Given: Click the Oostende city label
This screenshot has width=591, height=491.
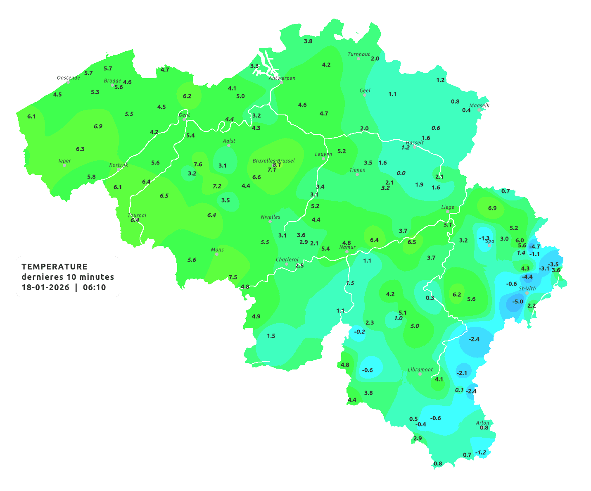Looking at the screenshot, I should pos(69,78).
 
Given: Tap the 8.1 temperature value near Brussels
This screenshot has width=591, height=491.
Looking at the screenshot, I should pos(277,164).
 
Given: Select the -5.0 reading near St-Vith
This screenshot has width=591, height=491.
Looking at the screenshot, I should pos(517,302).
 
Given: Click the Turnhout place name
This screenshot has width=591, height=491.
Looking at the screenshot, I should pos(359,54).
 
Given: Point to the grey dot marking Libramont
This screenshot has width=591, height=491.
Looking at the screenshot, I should pos(420,374).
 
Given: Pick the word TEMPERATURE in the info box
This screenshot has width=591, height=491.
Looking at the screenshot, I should pos(55,267).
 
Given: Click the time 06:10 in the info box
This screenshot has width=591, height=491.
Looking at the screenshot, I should pos(94,288).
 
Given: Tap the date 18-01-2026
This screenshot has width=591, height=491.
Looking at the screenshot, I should pos(45,288).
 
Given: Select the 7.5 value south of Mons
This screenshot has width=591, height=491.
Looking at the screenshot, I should pos(233,277).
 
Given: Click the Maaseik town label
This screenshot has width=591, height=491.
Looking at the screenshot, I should pos(479,105).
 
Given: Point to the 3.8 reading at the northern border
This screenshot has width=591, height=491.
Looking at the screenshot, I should pos(308,41).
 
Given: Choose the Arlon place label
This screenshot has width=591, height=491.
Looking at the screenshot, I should pos(482,423).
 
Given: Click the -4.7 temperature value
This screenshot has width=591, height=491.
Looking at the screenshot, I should pos(534,247).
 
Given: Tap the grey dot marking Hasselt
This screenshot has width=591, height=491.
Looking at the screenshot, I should pos(414,147).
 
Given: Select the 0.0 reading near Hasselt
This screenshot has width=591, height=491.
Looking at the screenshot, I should pos(401,173).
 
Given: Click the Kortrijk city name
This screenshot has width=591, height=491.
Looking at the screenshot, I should pos(119,165).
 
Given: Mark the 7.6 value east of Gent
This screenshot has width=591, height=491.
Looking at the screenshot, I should pos(198,164).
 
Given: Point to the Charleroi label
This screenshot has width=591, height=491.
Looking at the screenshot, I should pos(287,260).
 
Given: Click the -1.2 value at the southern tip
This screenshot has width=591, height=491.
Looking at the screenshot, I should pos(481,453).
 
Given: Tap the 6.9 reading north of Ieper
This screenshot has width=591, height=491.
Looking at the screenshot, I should pos(98,126).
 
